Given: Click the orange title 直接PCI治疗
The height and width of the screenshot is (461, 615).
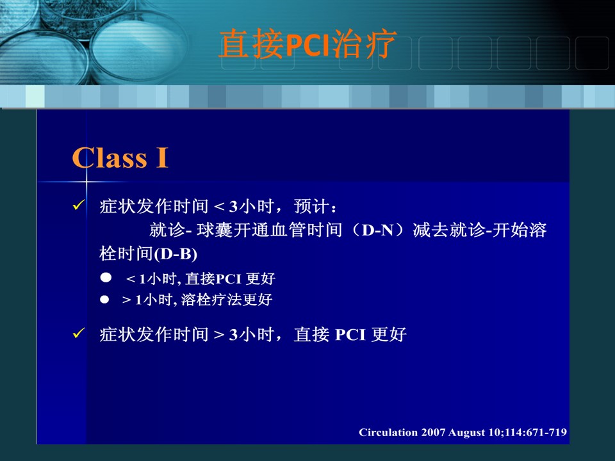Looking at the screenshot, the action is click(307, 44).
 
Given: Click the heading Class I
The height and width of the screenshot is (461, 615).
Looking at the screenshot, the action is click(120, 158).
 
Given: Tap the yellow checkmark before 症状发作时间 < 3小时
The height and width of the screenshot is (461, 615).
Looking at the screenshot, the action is click(79, 205).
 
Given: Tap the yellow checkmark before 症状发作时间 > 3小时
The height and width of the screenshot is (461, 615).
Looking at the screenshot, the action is click(79, 333).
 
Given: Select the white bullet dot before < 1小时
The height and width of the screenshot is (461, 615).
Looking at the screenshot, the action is click(106, 277).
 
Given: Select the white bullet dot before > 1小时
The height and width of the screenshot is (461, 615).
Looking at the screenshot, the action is click(104, 300).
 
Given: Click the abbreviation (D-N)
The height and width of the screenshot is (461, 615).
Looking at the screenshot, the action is click(378, 230).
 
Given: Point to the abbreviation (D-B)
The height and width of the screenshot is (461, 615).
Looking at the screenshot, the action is click(176, 254).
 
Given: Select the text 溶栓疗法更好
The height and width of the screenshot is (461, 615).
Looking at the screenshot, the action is click(227, 300).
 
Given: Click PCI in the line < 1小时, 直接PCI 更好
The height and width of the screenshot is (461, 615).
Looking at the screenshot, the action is click(228, 279).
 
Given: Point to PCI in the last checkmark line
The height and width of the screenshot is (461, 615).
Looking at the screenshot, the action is click(350, 335).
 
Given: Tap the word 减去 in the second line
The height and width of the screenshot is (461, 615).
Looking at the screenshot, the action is click(430, 230).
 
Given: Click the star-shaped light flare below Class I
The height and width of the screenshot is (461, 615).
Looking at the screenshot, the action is click(86, 182).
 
